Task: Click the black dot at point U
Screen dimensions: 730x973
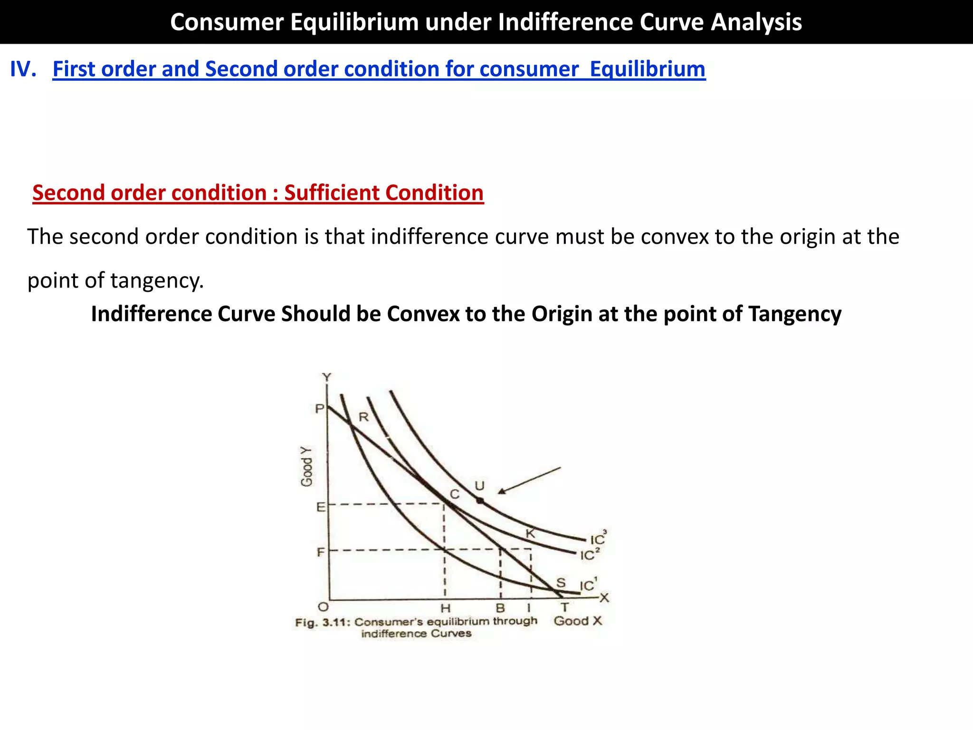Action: [x=480, y=500]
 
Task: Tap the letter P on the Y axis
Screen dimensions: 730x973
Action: [x=320, y=409]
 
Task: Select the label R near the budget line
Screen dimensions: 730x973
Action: [x=363, y=417]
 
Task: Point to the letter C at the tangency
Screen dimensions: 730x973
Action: [x=455, y=495]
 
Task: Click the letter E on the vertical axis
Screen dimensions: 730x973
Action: [x=321, y=507]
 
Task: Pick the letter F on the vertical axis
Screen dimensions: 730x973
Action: [x=321, y=552]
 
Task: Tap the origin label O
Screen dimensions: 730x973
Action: [x=323, y=607]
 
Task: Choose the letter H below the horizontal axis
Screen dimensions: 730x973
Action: [x=445, y=608]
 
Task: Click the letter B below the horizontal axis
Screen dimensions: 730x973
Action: [x=500, y=608]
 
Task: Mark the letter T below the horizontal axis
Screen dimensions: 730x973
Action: [x=564, y=607]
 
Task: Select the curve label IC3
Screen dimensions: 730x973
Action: [x=598, y=539]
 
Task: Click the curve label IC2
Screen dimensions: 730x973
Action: [x=590, y=555]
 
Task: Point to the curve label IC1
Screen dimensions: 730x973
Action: [x=588, y=585]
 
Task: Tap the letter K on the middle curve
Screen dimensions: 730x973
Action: [x=530, y=534]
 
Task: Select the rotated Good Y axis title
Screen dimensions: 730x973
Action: [x=307, y=467]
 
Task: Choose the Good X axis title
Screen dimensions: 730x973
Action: [x=578, y=621]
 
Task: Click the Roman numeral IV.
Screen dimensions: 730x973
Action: [x=23, y=69]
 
